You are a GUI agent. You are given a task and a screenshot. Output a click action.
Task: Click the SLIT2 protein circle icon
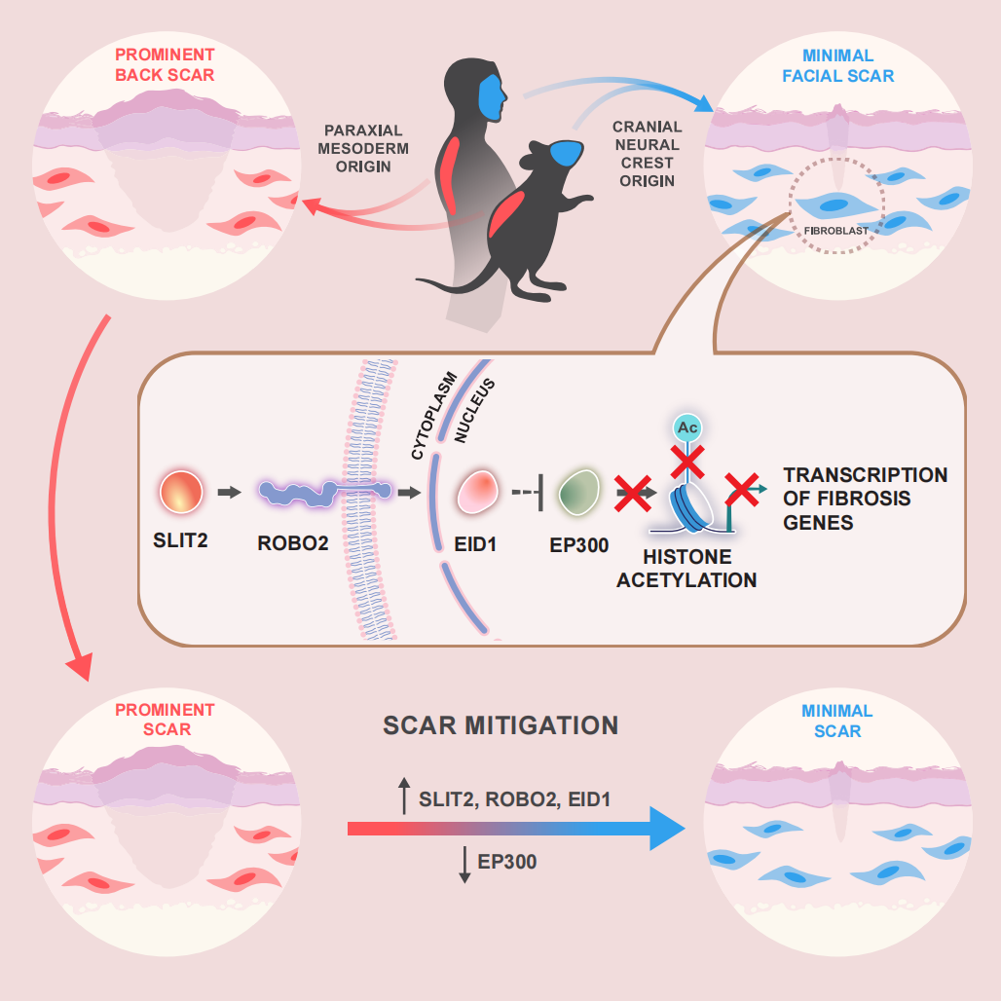pyautogui.click(x=182, y=493)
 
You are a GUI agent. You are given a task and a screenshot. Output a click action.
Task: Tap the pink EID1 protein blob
pyautogui.click(x=479, y=493)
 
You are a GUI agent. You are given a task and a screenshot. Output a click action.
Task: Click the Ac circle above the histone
pyautogui.click(x=689, y=428)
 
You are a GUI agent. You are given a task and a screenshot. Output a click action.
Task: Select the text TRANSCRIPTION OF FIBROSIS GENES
pyautogui.click(x=865, y=499)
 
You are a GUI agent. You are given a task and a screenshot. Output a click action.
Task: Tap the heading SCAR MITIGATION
pyautogui.click(x=500, y=725)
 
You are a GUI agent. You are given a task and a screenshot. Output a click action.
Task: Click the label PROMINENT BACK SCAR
pyautogui.click(x=165, y=65)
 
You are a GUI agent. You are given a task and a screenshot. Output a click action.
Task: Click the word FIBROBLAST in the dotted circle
pyautogui.click(x=836, y=232)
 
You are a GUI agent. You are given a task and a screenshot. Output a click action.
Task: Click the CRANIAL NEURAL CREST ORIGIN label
pyautogui.click(x=647, y=154)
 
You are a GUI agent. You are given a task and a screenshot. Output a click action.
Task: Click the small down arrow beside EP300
pyautogui.click(x=464, y=865)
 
